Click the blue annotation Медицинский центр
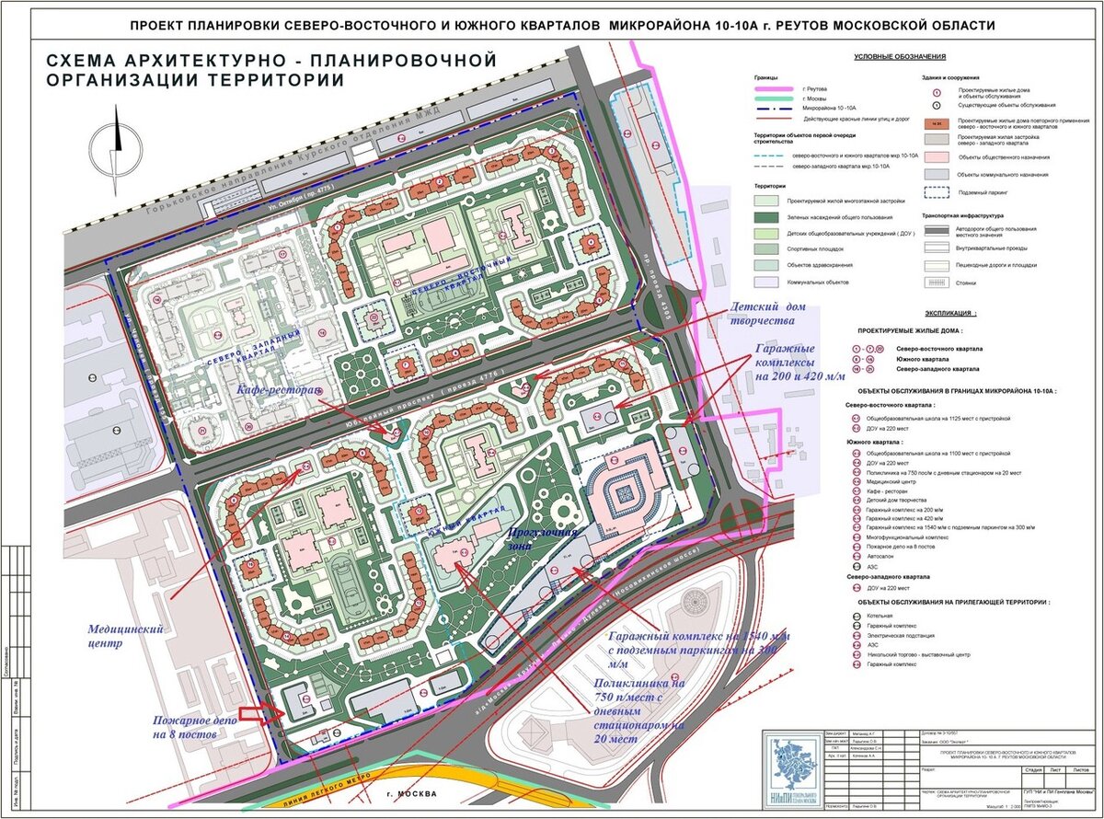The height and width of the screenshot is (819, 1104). [125, 637]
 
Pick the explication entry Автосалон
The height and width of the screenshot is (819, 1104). [882, 559]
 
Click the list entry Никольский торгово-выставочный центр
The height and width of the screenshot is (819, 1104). [916, 654]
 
